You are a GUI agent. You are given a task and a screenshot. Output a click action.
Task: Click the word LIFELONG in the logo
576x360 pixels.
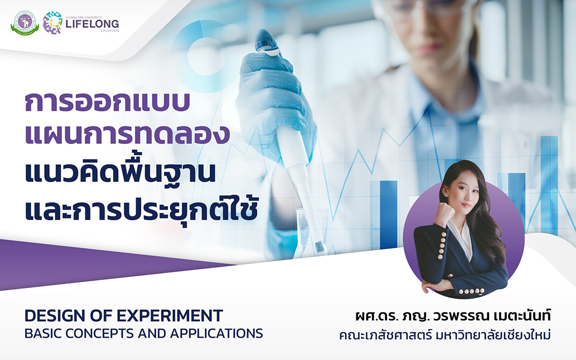[x=92, y=24]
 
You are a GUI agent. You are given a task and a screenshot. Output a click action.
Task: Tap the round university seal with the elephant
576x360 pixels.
[x=25, y=23]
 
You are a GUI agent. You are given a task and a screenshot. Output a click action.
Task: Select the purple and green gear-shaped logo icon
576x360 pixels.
[x=52, y=23]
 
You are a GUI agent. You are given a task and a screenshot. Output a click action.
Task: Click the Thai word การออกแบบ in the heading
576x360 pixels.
[x=107, y=102]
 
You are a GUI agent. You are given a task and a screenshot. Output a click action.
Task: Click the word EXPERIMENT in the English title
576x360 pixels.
[x=170, y=316]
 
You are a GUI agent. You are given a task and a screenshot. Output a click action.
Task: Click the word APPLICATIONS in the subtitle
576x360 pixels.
[x=217, y=333]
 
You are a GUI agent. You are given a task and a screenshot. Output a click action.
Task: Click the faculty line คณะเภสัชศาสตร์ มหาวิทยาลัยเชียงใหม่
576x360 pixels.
[x=445, y=335]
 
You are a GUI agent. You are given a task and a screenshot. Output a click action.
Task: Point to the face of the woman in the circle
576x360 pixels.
[x=463, y=194]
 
